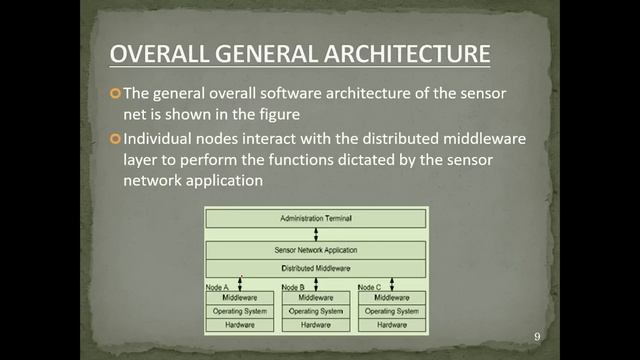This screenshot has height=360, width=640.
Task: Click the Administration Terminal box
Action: [x=315, y=217]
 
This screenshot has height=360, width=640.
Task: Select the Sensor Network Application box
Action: [x=315, y=250]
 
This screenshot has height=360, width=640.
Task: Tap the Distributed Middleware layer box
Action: [x=315, y=268]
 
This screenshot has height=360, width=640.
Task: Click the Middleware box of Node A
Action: [x=240, y=298]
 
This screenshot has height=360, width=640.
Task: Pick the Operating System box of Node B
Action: [x=316, y=311]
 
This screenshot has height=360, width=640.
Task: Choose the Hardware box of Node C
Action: [x=392, y=325]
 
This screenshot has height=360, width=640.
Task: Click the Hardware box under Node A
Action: [x=240, y=325]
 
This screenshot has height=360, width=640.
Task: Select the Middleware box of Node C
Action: [x=392, y=298]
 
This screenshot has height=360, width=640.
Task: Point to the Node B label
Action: [x=294, y=287]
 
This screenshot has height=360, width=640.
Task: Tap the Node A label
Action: [x=218, y=287]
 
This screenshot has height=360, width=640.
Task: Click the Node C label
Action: [x=370, y=287]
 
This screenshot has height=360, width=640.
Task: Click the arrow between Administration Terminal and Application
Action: [x=316, y=234]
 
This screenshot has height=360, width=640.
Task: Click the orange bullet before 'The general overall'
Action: [x=115, y=93]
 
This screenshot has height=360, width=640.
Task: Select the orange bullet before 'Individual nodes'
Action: [x=115, y=137]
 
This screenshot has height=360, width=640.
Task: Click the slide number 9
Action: [x=537, y=336]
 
